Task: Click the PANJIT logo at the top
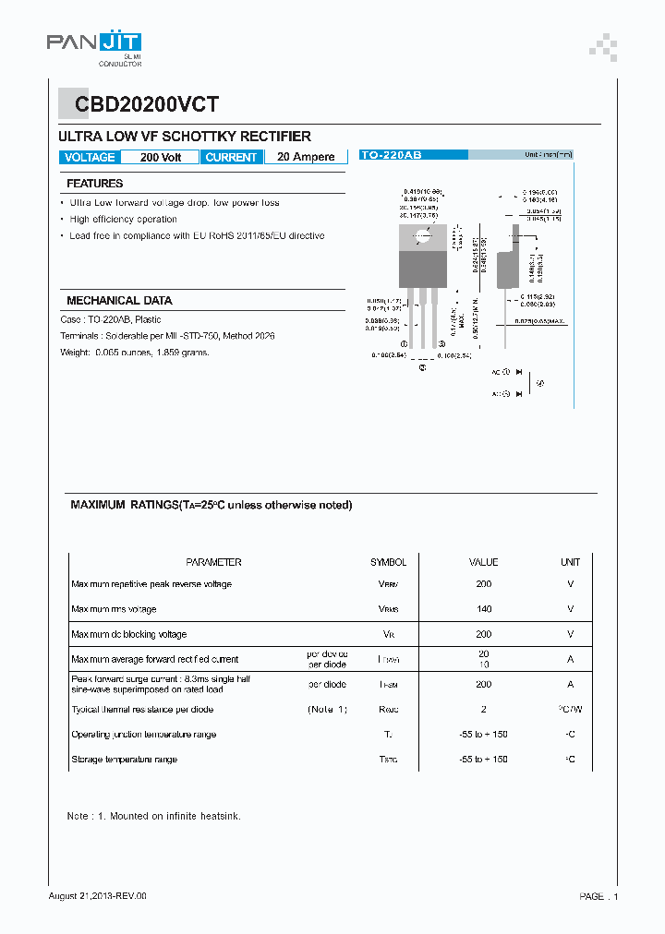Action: click(x=94, y=45)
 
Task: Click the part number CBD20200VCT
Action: click(x=139, y=105)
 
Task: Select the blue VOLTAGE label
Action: click(x=90, y=158)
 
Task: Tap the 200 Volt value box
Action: click(x=160, y=158)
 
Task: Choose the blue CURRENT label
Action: click(x=231, y=158)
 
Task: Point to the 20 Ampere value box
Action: click(x=306, y=158)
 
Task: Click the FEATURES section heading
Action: click(x=94, y=184)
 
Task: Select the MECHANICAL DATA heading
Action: click(x=119, y=301)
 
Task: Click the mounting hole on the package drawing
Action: click(x=421, y=235)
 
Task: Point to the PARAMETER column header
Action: click(x=213, y=562)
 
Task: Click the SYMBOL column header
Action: click(x=388, y=562)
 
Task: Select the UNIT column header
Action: click(x=570, y=562)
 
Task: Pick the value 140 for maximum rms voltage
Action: click(x=483, y=609)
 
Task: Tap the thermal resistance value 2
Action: click(x=483, y=710)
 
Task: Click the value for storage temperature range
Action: click(x=483, y=760)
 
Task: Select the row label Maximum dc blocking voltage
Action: click(x=129, y=635)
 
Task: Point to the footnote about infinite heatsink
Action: click(x=153, y=817)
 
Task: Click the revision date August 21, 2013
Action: click(x=97, y=896)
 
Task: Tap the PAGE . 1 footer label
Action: click(x=598, y=897)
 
